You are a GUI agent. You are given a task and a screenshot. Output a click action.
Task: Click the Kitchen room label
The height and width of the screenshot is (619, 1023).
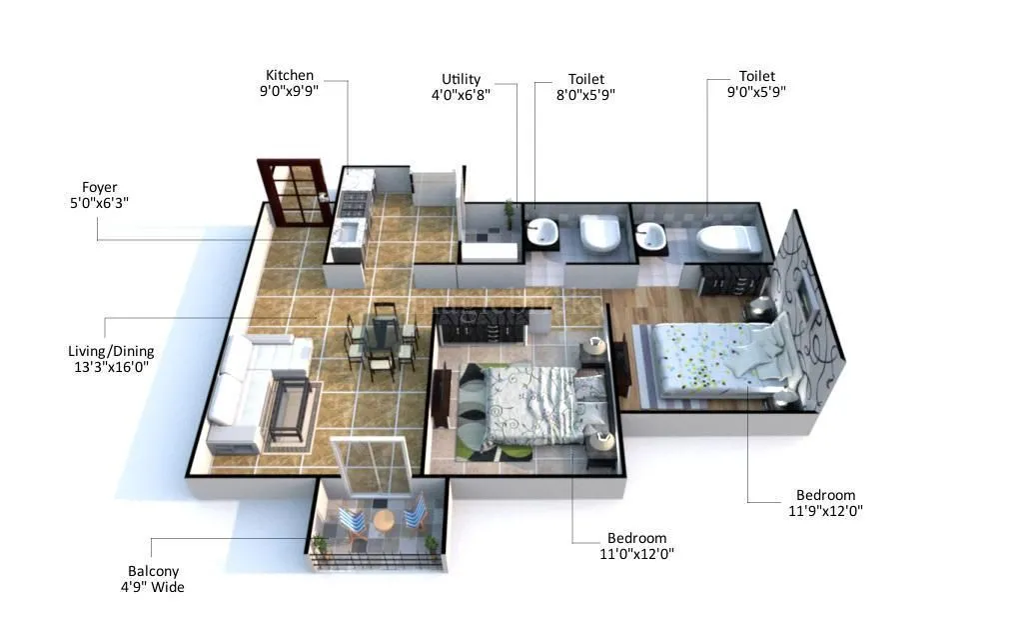pyautogui.click(x=289, y=83)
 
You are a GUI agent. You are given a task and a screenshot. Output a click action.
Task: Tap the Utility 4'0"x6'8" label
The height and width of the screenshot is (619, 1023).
pyautogui.click(x=461, y=87)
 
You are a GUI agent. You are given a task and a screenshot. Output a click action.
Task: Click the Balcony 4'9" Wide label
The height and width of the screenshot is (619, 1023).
pyautogui.click(x=153, y=579)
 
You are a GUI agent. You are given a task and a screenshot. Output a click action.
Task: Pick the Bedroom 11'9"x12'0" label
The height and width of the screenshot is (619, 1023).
pyautogui.click(x=825, y=503)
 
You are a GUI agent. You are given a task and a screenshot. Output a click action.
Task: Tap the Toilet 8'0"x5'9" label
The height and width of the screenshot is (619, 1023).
pyautogui.click(x=585, y=87)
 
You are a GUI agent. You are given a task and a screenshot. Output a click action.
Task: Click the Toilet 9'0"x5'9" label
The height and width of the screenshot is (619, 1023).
pyautogui.click(x=756, y=84)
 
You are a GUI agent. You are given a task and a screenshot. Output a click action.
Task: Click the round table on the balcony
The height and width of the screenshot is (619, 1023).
pyautogui.click(x=382, y=521)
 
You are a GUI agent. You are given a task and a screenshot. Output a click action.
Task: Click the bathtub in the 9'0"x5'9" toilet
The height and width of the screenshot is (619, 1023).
pyautogui.click(x=728, y=239)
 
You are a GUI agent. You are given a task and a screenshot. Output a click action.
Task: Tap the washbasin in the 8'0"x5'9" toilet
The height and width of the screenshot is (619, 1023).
pyautogui.click(x=543, y=233)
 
